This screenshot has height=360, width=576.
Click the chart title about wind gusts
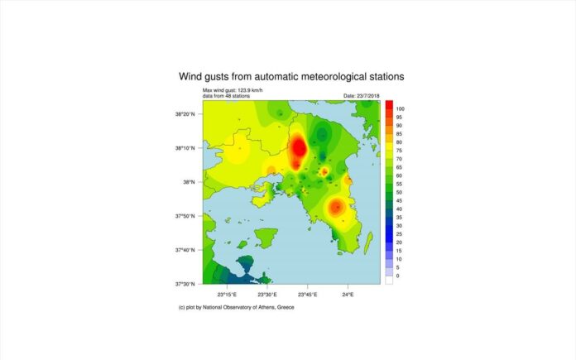pyautogui.click(x=291, y=76)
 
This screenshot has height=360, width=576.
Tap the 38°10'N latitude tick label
pyautogui.click(x=185, y=148)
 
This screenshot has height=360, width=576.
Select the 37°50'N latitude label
pyautogui.click(x=185, y=216)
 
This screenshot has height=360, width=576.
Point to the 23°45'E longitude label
pyautogui.click(x=308, y=295)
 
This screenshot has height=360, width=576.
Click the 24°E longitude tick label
pyautogui.click(x=348, y=295)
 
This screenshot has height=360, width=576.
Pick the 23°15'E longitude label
pyautogui.click(x=227, y=295)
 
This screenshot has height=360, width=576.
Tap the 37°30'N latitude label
pyautogui.click(x=185, y=284)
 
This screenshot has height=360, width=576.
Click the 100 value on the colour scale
pyautogui.click(x=400, y=108)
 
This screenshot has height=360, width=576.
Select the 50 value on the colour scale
pyautogui.click(x=399, y=193)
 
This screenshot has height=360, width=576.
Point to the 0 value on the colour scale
pyautogui.click(x=398, y=276)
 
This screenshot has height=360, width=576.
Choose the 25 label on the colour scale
pyautogui.click(x=399, y=234)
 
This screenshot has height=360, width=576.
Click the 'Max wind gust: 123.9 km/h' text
pyautogui.click(x=233, y=90)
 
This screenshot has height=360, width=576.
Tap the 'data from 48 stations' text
pyautogui.click(x=226, y=96)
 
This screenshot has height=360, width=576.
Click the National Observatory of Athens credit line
pyautogui.click(x=236, y=308)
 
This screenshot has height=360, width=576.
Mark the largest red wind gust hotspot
pyautogui.click(x=299, y=149)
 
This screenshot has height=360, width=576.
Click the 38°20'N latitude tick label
pyautogui.click(x=185, y=114)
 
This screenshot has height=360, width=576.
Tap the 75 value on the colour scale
pyautogui.click(x=399, y=151)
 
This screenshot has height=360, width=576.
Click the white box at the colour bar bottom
pyautogui.click(x=389, y=280)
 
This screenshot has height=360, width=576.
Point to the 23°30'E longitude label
pyautogui.click(x=267, y=295)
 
